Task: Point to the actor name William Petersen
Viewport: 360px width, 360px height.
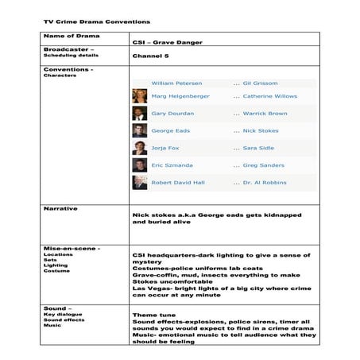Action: pyautogui.click(x=176, y=83)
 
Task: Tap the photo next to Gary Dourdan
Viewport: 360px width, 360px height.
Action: pyautogui.click(x=140, y=114)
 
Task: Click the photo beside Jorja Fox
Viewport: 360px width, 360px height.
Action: pyautogui.click(x=140, y=148)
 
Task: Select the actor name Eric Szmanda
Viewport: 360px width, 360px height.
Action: pyautogui.click(x=172, y=165)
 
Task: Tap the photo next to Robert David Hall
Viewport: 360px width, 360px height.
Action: pyautogui.click(x=140, y=182)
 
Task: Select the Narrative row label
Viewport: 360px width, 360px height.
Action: pyautogui.click(x=60, y=208)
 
